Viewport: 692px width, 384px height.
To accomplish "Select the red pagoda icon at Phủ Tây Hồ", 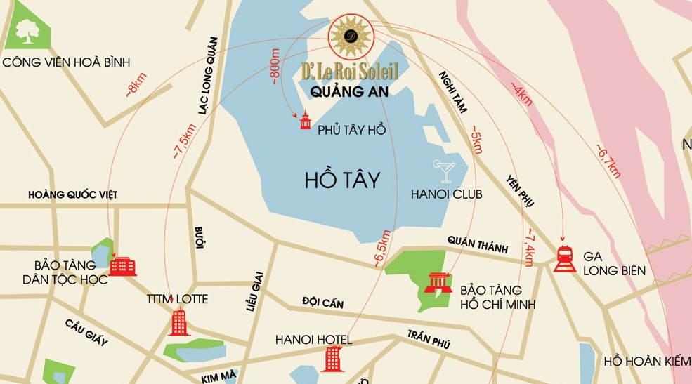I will (x=305, y=122).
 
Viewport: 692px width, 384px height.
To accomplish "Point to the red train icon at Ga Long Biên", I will (x=565, y=258).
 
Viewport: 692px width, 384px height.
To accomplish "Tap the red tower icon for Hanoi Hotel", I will (x=330, y=359).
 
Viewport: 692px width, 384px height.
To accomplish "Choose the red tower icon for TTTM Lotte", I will (x=179, y=322).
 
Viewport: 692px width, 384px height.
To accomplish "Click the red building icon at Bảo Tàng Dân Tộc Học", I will (x=122, y=266).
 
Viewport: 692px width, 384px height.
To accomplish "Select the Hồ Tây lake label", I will (x=343, y=180).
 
